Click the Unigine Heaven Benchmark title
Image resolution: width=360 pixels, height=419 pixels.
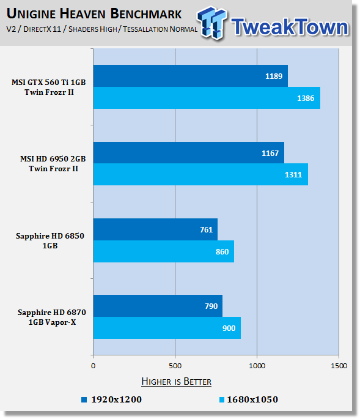point(94,13)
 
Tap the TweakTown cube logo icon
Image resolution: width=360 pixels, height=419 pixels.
point(211,23)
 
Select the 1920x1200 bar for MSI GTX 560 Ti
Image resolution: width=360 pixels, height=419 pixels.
point(191,76)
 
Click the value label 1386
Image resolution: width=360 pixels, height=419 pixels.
point(306,98)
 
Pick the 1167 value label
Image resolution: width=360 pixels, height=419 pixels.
point(270,153)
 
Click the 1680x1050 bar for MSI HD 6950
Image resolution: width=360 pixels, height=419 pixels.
point(200,174)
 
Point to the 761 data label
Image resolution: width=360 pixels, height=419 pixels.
point(207,229)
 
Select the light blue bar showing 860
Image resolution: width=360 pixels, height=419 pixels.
point(164,251)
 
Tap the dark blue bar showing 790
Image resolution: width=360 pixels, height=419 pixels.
point(158,306)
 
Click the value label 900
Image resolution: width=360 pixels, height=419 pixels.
point(229,328)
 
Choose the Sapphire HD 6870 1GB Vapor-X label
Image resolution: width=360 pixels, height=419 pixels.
point(52,317)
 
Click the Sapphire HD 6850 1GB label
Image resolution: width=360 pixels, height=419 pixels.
point(50,240)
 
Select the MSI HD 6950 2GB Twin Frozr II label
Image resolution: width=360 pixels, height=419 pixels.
point(53,163)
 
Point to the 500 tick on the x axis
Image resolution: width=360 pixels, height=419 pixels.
point(175,366)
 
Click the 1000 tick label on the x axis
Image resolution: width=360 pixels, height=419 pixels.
point(257,366)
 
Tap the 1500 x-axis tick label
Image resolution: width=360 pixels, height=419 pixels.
point(339,366)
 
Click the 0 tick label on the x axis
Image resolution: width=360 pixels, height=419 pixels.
point(93,366)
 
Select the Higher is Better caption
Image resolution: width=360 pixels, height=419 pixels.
point(176,381)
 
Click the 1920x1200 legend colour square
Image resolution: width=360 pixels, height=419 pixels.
point(84,399)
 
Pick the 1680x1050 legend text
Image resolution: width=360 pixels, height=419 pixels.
point(252,399)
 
